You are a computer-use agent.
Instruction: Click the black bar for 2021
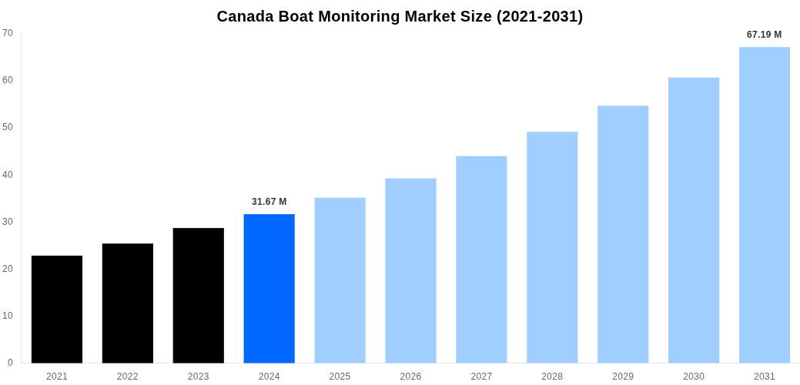click(x=57, y=309)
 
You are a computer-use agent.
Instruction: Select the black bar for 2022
click(x=128, y=303)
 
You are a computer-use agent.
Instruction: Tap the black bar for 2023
click(x=199, y=295)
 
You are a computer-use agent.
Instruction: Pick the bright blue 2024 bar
click(x=269, y=288)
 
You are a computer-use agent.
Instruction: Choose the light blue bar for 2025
click(x=340, y=280)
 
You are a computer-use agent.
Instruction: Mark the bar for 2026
click(x=410, y=270)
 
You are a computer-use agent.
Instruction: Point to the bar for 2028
click(x=552, y=247)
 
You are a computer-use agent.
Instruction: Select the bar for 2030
click(x=694, y=220)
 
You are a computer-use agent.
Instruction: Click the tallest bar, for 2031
click(x=765, y=205)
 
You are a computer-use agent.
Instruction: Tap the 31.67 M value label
click(x=269, y=202)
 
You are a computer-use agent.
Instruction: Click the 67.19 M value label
click(x=764, y=35)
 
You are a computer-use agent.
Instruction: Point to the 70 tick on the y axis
click(x=8, y=33)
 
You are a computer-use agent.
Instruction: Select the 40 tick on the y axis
click(x=8, y=175)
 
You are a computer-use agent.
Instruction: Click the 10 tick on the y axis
click(x=8, y=316)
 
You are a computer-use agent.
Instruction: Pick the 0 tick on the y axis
click(x=10, y=363)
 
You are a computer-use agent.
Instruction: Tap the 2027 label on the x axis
click(x=481, y=377)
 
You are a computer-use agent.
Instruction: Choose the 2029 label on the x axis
click(x=623, y=377)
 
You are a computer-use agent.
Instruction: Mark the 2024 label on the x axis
click(x=269, y=377)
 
